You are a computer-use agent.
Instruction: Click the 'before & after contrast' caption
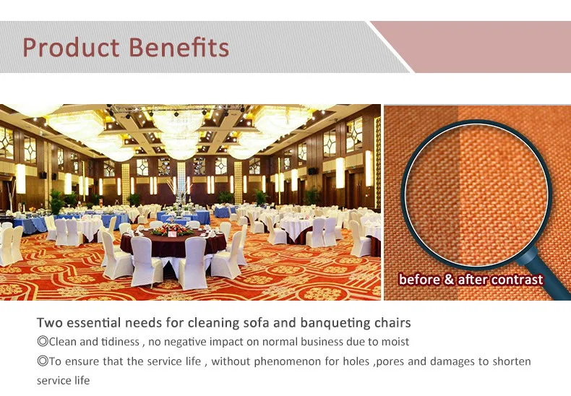471,280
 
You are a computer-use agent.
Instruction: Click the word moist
394,342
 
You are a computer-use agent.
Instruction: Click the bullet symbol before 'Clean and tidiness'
42,342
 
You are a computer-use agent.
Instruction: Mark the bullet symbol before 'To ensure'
42,361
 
